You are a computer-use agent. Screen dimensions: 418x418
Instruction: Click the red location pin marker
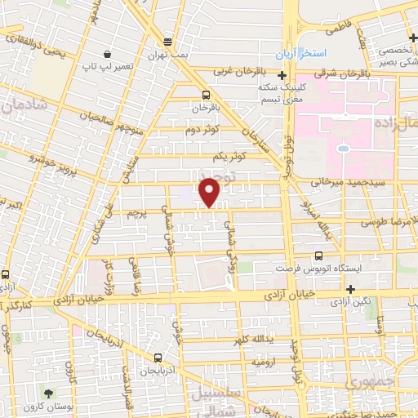pyautogui.click(x=211, y=193)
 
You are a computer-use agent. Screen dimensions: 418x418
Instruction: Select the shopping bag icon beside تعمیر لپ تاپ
pyautogui.click(x=108, y=54)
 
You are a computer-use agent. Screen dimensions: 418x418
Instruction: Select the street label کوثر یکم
pyautogui.click(x=228, y=155)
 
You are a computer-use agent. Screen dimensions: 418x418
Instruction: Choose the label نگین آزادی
pyautogui.click(x=350, y=301)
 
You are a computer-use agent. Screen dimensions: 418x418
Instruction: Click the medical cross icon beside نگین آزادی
pyautogui.click(x=350, y=289)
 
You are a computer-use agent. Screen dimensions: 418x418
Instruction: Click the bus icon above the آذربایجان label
pyautogui.click(x=158, y=357)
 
